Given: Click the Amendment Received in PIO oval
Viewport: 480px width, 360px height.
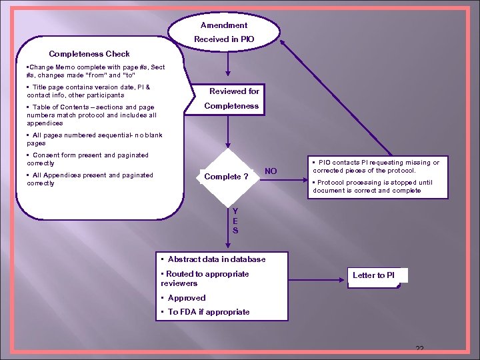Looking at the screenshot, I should tap(224, 32).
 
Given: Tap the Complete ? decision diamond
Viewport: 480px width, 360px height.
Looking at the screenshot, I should tap(226, 177).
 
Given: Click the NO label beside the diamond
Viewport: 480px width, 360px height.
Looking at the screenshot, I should tap(271, 171).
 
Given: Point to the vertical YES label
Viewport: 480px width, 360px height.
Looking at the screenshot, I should tap(235, 221).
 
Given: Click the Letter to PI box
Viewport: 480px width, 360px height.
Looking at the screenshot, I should tap(374, 275).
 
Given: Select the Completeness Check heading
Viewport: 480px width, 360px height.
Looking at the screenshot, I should tap(89, 54).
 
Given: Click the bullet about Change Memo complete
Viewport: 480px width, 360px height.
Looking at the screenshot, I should tap(95, 71).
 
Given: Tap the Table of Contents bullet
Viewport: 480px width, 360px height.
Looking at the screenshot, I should tap(91, 115).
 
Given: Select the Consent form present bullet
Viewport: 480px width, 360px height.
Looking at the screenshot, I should tap(87, 159).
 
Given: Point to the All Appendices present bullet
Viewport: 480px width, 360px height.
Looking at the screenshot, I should tap(89, 179).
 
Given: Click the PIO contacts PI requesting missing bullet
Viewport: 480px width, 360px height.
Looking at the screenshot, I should tap(375, 166).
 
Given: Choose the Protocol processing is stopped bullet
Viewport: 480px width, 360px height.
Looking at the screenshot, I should tap(374, 186).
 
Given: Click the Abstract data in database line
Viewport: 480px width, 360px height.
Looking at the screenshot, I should tap(213, 259).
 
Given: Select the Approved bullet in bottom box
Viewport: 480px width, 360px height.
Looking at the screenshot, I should tap(183, 298).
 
